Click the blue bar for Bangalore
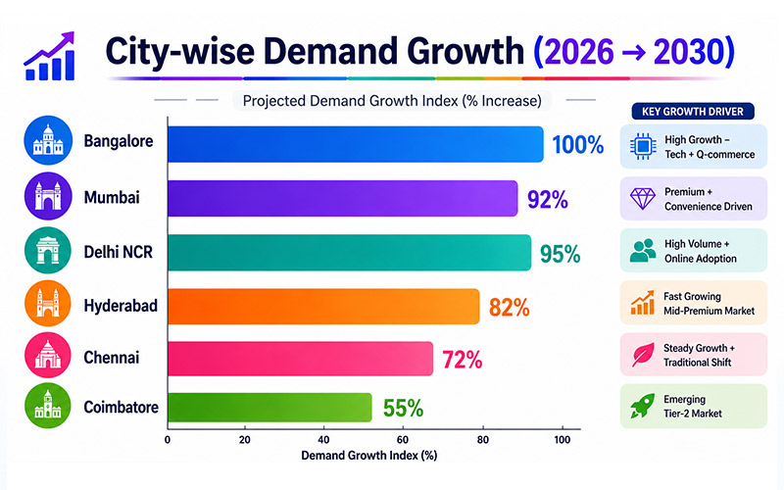tap(355, 144)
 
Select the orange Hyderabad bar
tap(323, 306)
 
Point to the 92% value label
tap(548, 200)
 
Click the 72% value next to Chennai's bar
tap(462, 359)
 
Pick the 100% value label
tap(577, 145)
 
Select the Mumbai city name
tap(113, 199)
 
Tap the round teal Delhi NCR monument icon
tap(45, 252)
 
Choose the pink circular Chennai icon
tap(45, 358)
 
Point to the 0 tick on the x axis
tap(169, 441)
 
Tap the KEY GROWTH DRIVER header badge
tap(693, 112)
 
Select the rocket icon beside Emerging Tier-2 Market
tap(643, 406)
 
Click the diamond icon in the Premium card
tap(643, 199)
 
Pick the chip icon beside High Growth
tap(643, 147)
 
